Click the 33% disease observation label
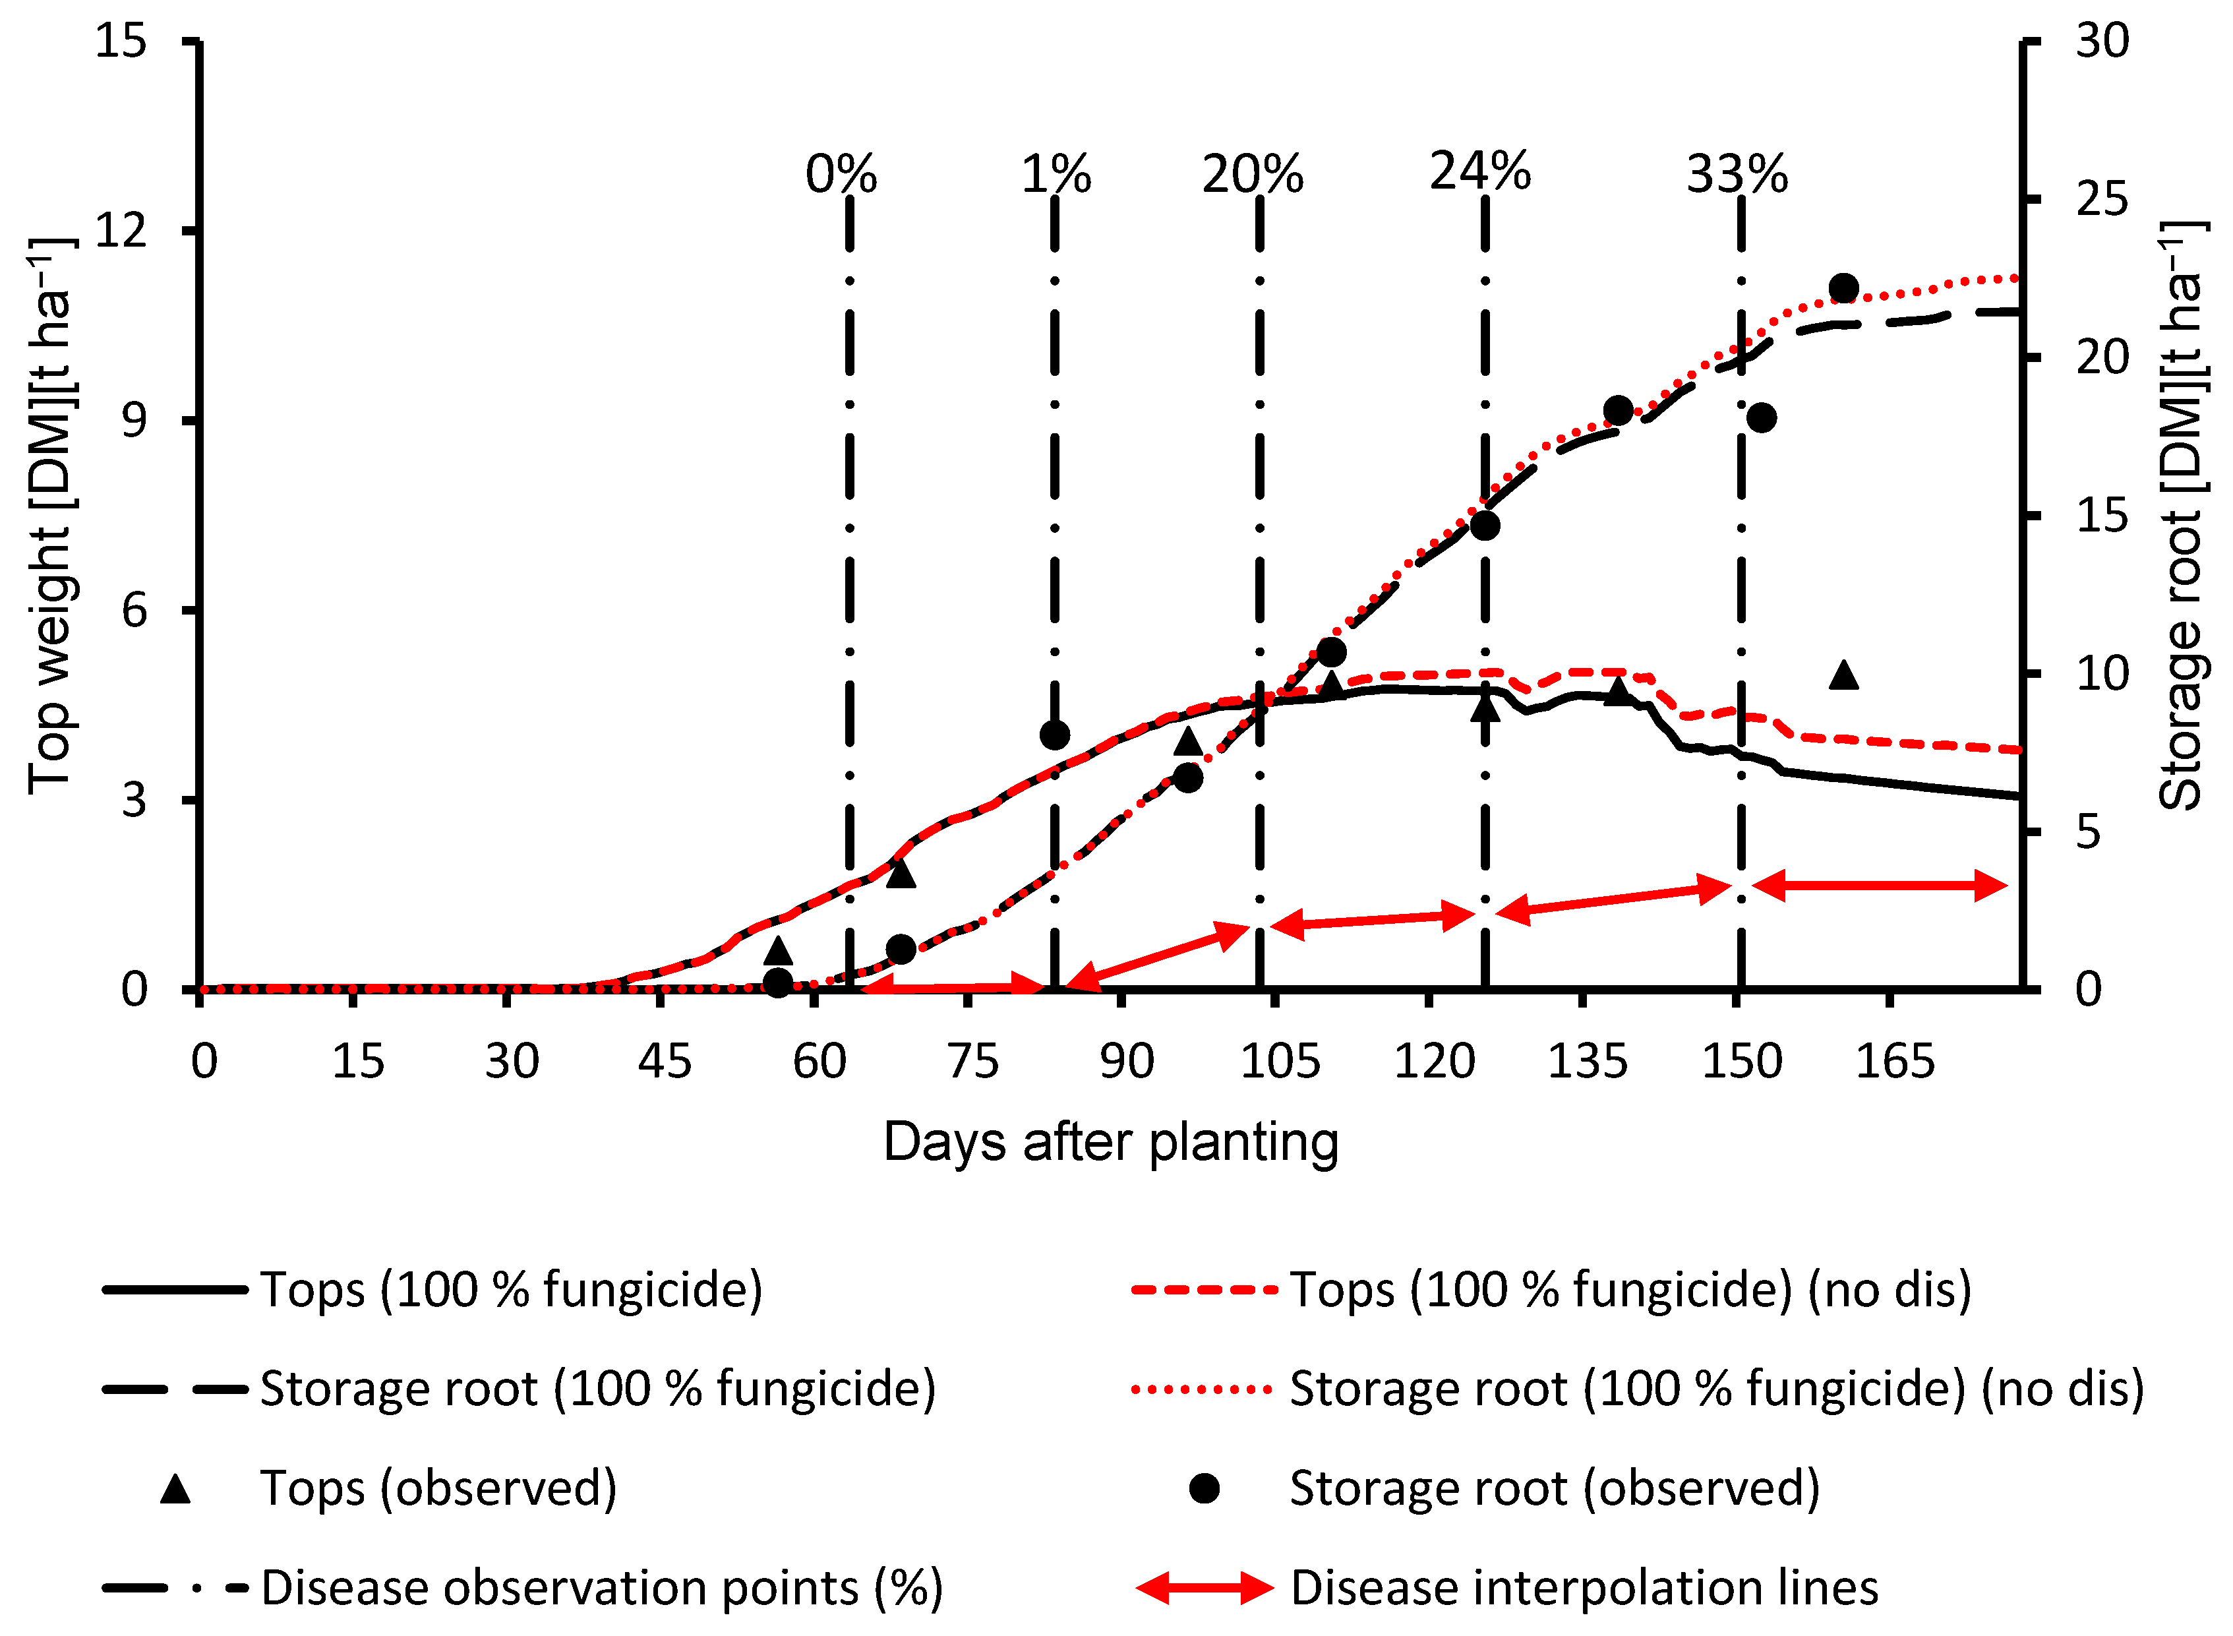click(x=1738, y=175)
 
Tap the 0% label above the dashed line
click(x=841, y=175)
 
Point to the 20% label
click(x=1253, y=175)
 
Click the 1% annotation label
click(x=1056, y=175)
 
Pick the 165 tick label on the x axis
click(x=1894, y=1062)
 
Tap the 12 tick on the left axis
click(x=120, y=231)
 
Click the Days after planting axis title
click(x=1110, y=1142)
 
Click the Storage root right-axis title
click(x=2182, y=515)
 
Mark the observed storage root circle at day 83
click(x=1055, y=735)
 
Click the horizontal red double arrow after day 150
click(x=1880, y=886)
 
